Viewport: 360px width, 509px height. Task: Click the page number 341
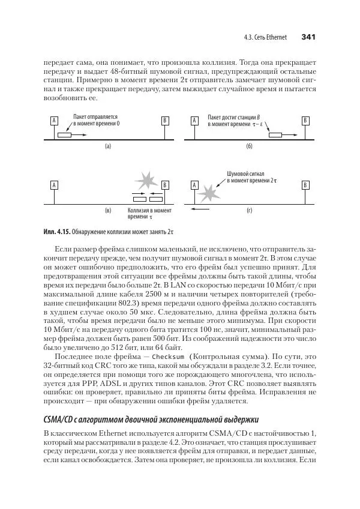click(308, 37)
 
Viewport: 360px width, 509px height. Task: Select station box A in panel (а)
click(54, 121)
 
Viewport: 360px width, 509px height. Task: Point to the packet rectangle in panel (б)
click(277, 135)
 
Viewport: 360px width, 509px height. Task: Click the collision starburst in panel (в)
click(146, 179)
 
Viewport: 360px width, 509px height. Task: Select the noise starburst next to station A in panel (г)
click(208, 193)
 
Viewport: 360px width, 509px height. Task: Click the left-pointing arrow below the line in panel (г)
click(200, 211)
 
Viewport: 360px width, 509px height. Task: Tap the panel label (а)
click(108, 146)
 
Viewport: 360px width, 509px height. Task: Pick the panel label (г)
click(249, 211)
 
